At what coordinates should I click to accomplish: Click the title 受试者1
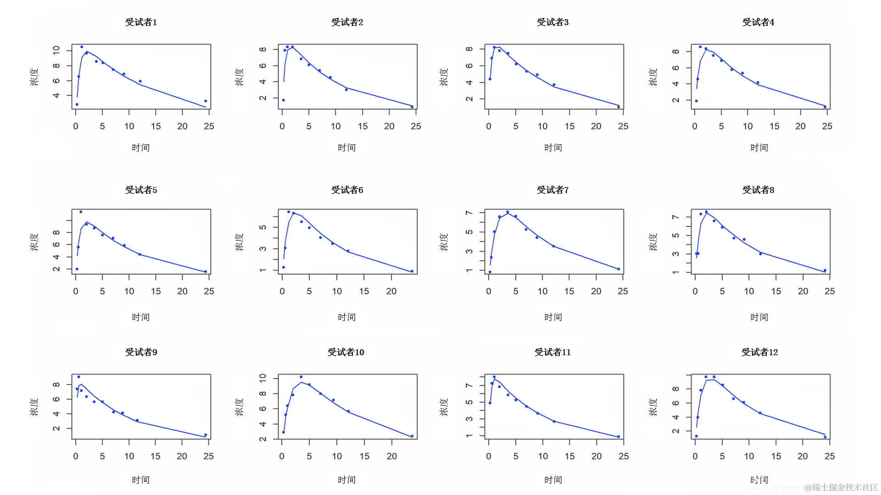[x=141, y=22]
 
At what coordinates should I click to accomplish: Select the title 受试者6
[x=347, y=190]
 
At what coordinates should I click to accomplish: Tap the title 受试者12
[x=759, y=352]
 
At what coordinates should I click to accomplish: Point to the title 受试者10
[x=346, y=352]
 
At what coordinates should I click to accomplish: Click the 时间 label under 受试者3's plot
[x=553, y=148]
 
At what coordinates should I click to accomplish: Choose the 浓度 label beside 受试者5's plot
[x=34, y=242]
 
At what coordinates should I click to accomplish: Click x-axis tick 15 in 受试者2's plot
[x=362, y=126]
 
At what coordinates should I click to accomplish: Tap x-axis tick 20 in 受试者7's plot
[x=596, y=291]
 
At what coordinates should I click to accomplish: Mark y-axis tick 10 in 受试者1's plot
[x=56, y=50]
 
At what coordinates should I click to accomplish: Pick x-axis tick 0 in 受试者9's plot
[x=76, y=456]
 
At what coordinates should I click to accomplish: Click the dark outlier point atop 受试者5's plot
[x=81, y=212]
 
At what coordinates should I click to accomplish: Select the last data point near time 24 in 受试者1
[x=206, y=101]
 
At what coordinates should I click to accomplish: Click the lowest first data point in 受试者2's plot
[x=284, y=100]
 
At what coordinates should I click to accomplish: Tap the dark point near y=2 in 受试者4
[x=697, y=101]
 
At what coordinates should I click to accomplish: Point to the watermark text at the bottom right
[x=841, y=487]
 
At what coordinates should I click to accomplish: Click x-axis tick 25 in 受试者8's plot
[x=830, y=291]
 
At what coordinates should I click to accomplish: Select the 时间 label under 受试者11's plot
[x=553, y=480]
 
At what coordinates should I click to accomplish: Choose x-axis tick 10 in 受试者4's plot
[x=748, y=126]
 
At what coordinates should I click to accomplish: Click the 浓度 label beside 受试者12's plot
[x=653, y=407]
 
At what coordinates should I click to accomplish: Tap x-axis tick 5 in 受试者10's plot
[x=309, y=456]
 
